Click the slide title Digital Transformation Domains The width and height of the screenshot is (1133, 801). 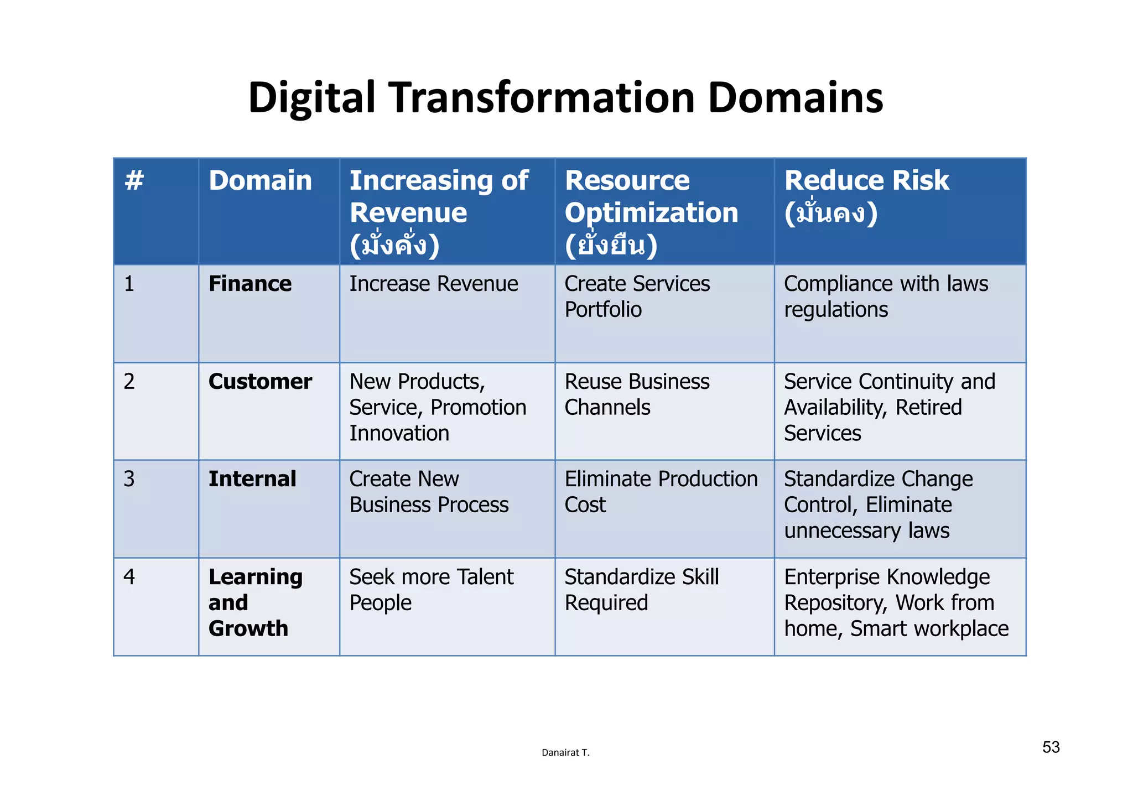565,98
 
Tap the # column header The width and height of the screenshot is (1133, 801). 134,180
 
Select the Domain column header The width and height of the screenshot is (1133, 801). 260,180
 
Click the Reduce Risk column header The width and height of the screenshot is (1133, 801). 866,196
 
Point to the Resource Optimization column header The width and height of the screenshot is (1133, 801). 651,212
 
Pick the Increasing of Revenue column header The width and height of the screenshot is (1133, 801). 438,212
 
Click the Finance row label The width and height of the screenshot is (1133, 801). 250,284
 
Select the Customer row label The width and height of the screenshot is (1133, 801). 260,382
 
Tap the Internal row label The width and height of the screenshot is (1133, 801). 252,479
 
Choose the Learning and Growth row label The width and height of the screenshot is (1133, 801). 256,602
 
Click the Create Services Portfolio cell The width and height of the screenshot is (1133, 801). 637,297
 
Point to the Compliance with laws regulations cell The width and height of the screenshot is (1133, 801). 886,297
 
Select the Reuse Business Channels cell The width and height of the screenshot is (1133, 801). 637,394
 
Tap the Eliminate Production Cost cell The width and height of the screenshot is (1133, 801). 661,492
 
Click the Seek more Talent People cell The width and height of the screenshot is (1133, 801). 431,590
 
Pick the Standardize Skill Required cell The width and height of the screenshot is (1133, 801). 642,590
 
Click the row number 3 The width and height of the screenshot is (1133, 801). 129,479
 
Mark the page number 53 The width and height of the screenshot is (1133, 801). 1051,747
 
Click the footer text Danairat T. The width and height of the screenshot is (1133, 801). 565,752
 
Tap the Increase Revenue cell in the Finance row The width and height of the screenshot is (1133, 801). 434,284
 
